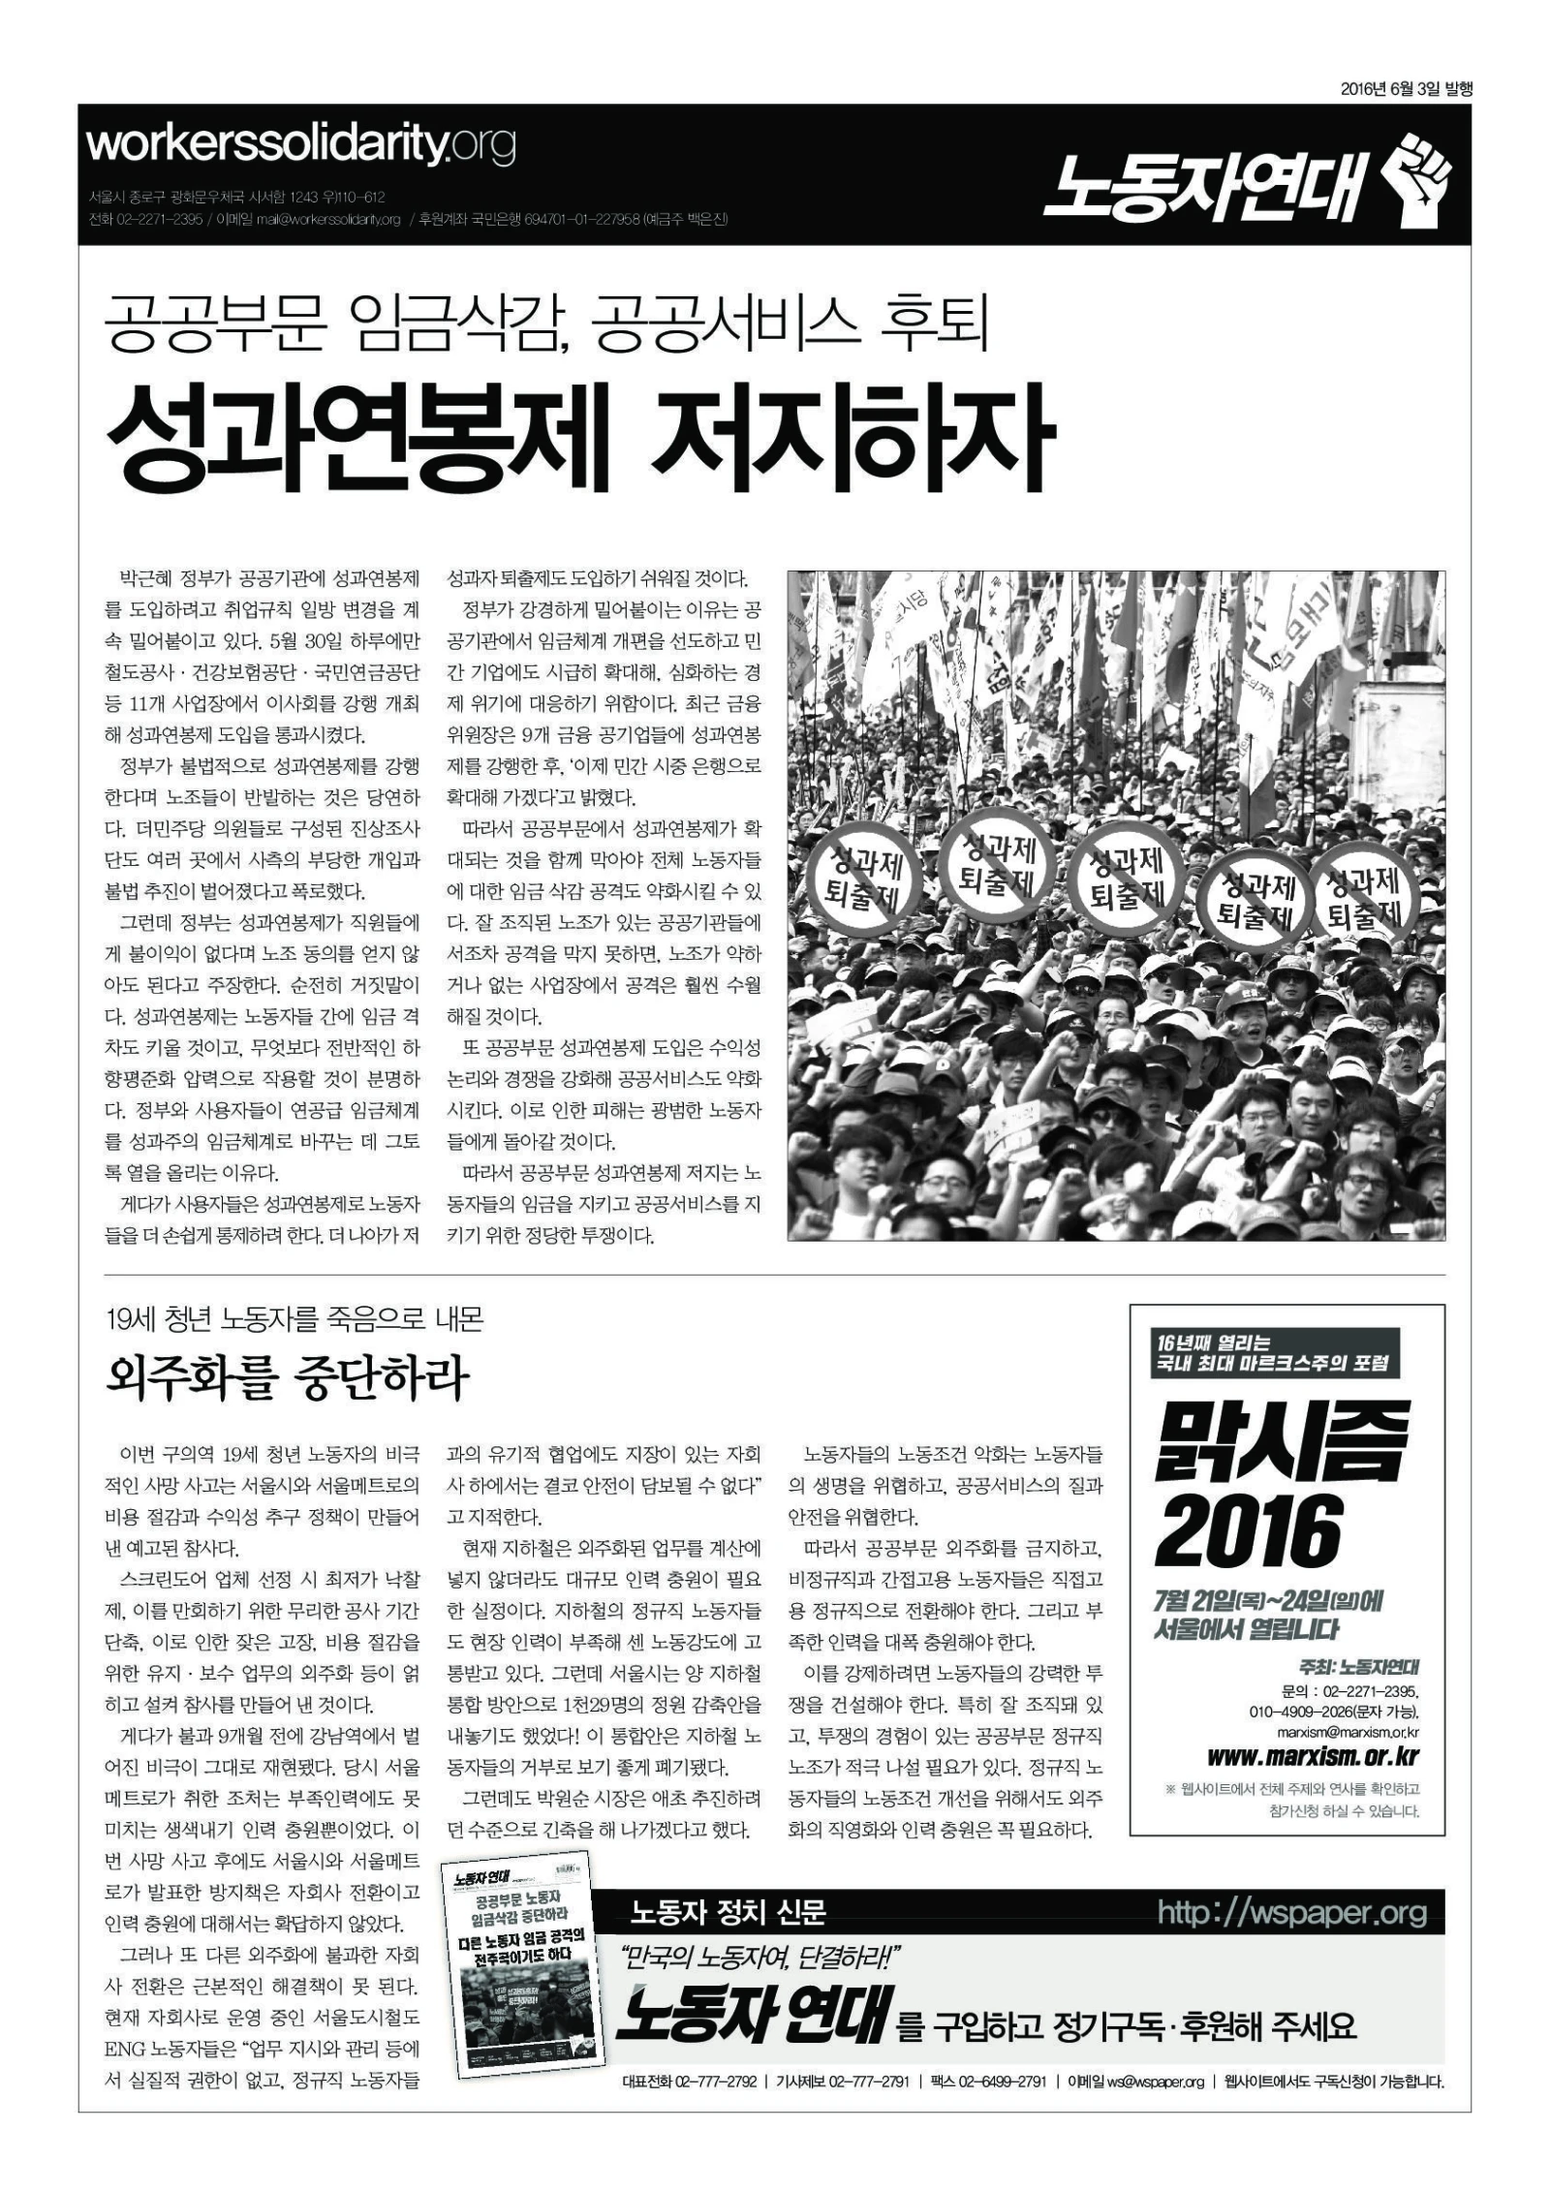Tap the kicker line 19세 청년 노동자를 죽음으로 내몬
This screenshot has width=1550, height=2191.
point(294,1319)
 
